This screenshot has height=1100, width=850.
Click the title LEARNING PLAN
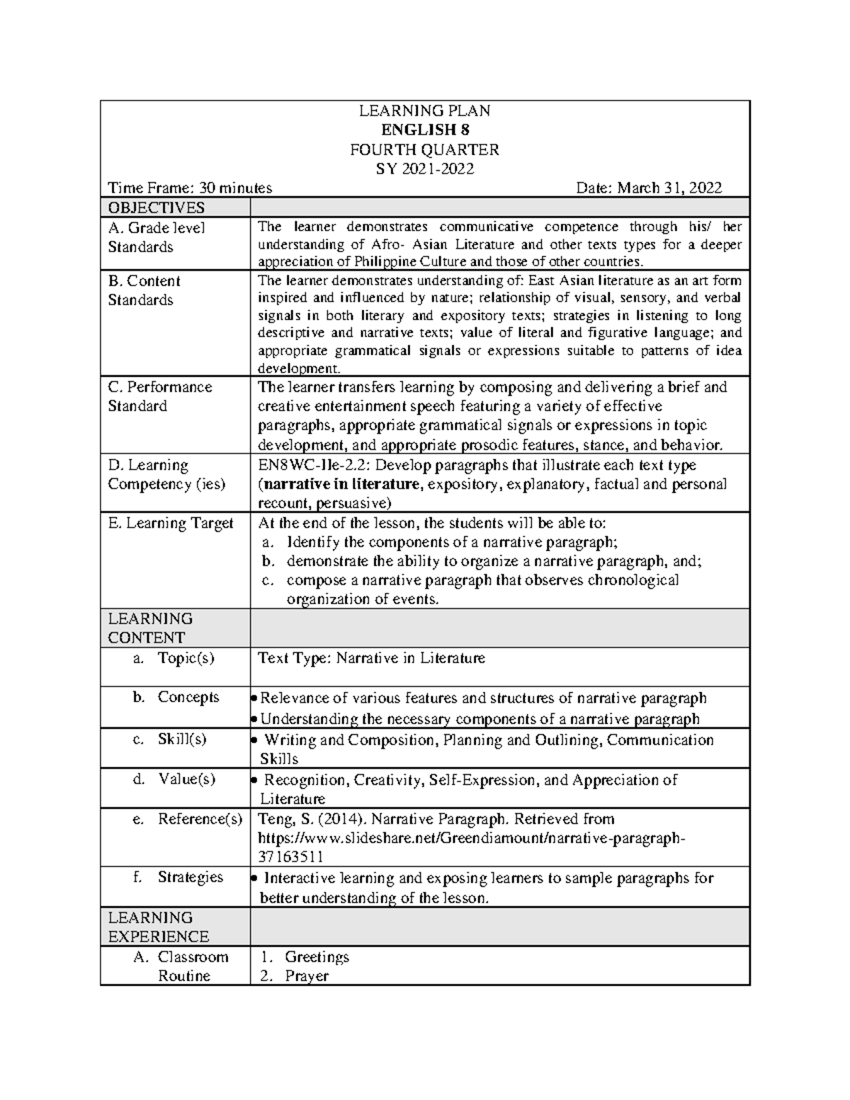pos(424,110)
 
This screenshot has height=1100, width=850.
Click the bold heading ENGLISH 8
pos(424,130)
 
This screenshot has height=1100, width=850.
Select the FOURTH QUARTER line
pos(424,149)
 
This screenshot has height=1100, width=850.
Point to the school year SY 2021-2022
pos(424,169)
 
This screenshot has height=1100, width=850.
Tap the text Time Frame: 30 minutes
pos(190,188)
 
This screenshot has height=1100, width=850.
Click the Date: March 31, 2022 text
pos(649,188)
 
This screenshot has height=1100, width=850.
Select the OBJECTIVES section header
pos(156,208)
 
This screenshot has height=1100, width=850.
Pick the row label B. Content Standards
pos(144,290)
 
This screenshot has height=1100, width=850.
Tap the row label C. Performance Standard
pos(159,397)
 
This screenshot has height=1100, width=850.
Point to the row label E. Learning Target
pos(170,523)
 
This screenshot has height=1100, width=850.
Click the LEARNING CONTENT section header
pos(149,628)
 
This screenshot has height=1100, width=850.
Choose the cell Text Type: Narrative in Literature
pos(371,658)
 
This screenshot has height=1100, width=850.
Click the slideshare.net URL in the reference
pos(471,838)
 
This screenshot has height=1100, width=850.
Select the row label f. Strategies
pos(178,877)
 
